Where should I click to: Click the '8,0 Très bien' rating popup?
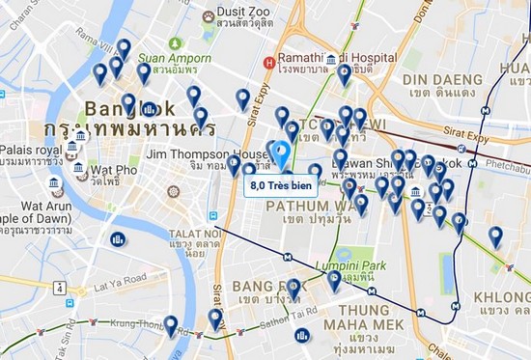pos(279,184)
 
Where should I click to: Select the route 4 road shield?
pos(61,288)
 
